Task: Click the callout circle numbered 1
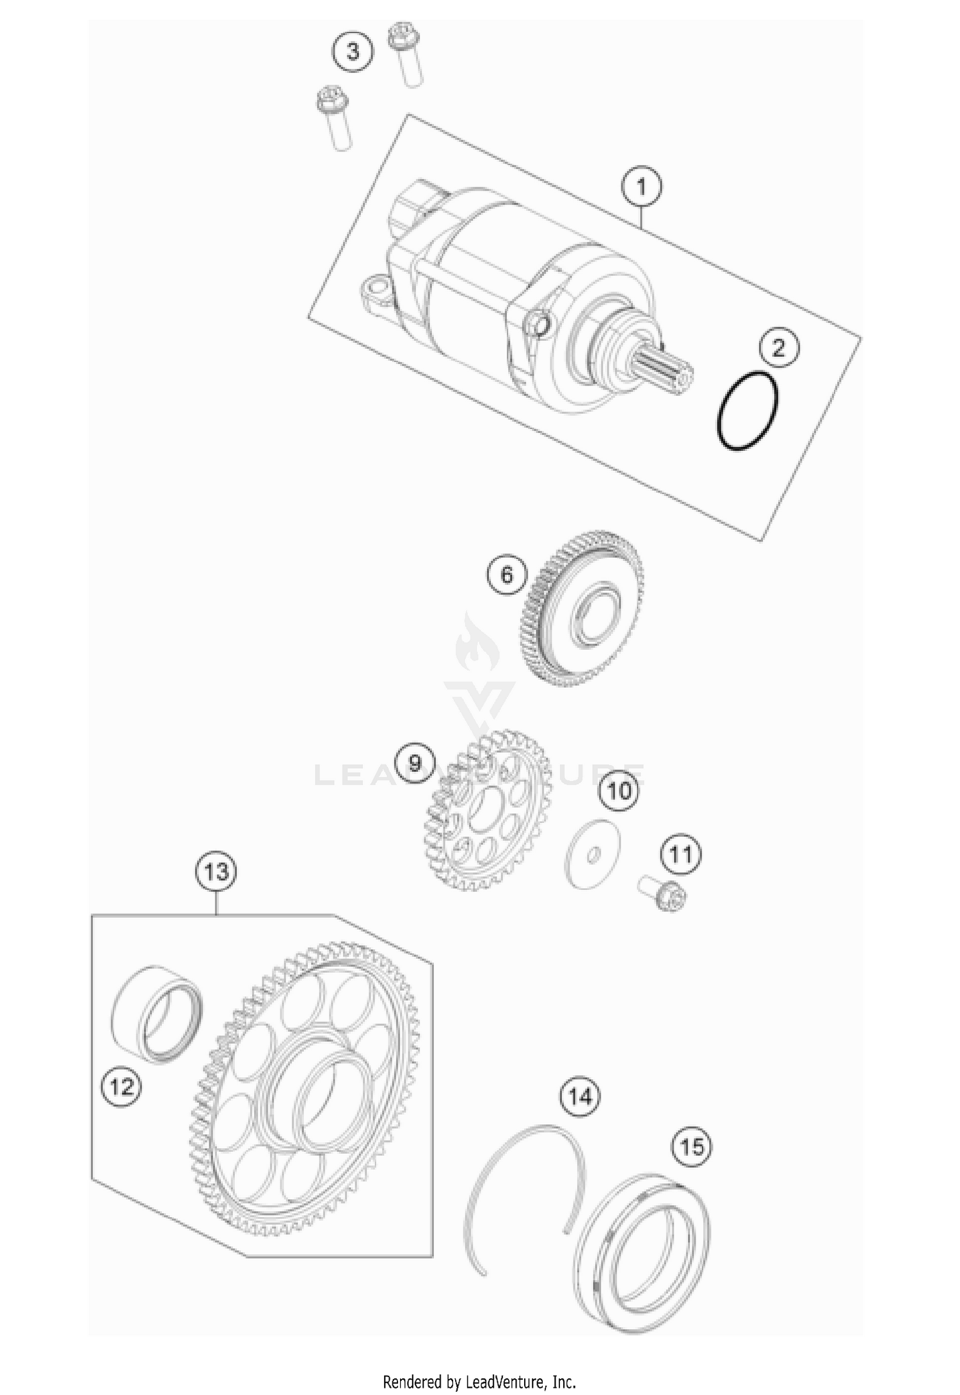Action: click(641, 187)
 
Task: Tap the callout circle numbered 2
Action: click(779, 349)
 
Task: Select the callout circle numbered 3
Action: click(353, 51)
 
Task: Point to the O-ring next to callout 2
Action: click(748, 410)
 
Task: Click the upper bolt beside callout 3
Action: click(406, 54)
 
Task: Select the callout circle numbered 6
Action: click(506, 574)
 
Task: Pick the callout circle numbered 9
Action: click(415, 764)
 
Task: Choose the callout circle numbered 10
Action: click(619, 791)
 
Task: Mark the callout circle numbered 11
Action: click(681, 854)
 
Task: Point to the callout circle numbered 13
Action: click(216, 871)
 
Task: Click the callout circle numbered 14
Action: click(580, 1096)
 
